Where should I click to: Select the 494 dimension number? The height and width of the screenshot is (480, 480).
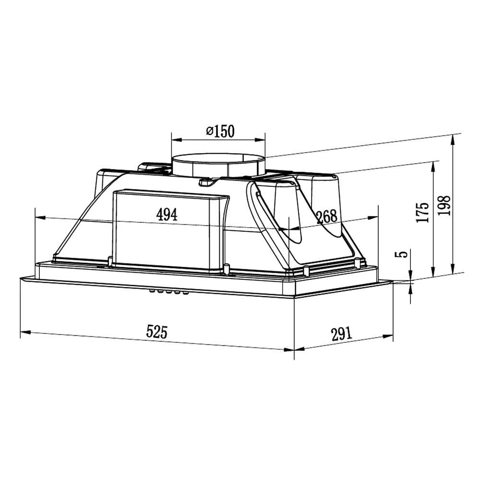[x=167, y=215]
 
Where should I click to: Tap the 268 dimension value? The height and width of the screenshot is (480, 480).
[x=327, y=216]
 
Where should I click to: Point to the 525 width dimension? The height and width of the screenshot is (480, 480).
[x=157, y=331]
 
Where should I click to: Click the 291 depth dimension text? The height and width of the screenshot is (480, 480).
[x=342, y=334]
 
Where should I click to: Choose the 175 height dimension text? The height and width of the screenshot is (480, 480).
[x=423, y=212]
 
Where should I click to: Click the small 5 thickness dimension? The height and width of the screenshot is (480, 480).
[x=404, y=253]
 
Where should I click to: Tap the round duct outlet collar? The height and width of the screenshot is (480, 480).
[x=218, y=166]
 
